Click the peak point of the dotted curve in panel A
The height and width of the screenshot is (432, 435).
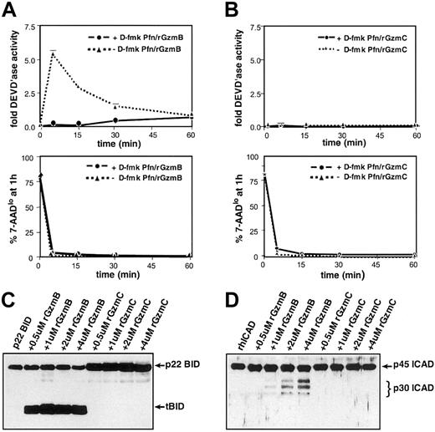(x=54, y=53)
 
